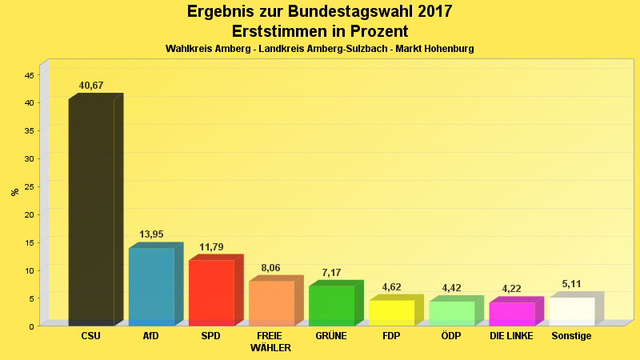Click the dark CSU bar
point(91,212)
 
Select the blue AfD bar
point(151,286)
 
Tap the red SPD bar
point(211,293)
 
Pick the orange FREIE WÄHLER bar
point(271,303)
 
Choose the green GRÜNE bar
point(331,306)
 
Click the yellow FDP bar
point(391,313)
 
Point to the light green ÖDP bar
point(451,314)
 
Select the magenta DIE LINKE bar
point(511,314)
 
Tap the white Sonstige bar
point(571,311)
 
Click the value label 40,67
point(91,86)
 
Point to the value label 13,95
point(151,234)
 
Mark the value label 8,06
point(271,268)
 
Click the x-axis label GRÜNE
point(331,336)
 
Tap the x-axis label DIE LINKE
point(511,336)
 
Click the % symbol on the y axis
point(14,192)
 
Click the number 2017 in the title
point(429,12)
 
